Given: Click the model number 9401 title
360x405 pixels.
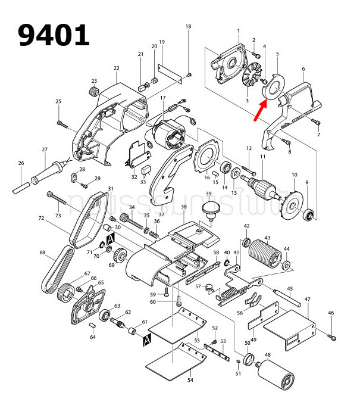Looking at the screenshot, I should point(54,35).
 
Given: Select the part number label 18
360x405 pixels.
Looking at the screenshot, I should point(189,27).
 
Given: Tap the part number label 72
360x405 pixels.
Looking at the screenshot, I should point(41,219).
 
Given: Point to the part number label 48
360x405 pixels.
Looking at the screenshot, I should point(267,355).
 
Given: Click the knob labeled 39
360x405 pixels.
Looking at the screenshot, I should point(209,209).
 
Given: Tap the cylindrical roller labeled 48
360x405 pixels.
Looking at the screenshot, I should point(276,377).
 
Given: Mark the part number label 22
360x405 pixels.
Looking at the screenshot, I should point(116,68).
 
